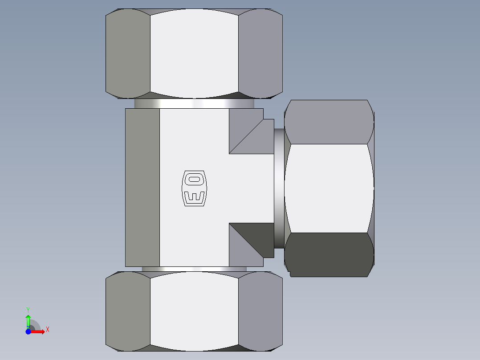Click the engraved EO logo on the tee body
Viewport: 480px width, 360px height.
click(x=195, y=188)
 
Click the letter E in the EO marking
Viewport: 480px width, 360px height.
click(x=195, y=196)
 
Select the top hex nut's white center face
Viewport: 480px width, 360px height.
click(x=194, y=53)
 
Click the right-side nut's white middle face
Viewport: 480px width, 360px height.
click(x=329, y=188)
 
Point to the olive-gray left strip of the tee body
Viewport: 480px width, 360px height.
click(x=142, y=188)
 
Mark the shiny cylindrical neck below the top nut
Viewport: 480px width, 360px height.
click(x=194, y=103)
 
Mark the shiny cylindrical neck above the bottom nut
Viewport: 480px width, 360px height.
click(x=194, y=269)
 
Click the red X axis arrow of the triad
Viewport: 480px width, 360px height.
click(x=40, y=331)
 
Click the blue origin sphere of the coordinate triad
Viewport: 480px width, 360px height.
click(x=28, y=331)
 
